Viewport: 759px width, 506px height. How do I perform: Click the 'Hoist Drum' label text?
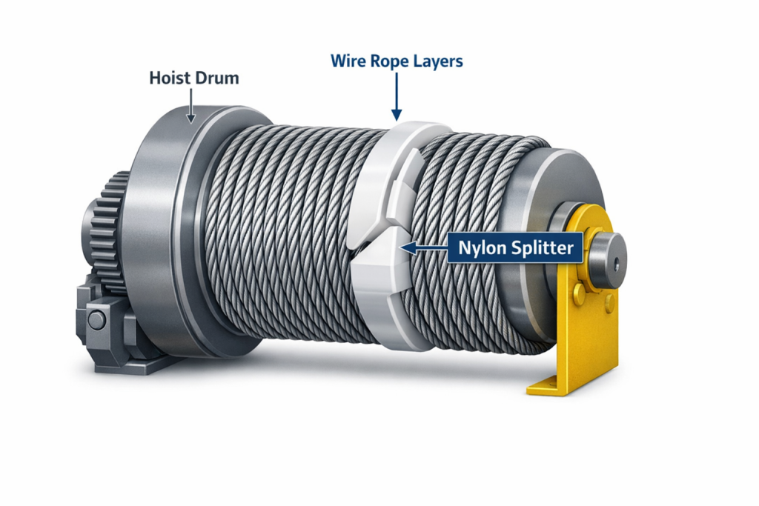(x=194, y=77)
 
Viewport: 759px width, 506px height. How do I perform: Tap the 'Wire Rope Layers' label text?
(x=397, y=61)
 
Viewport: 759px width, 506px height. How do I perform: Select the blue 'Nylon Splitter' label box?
(x=516, y=248)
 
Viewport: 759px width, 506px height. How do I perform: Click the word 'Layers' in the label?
(x=437, y=61)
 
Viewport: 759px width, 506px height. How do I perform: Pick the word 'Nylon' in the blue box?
(x=482, y=248)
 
